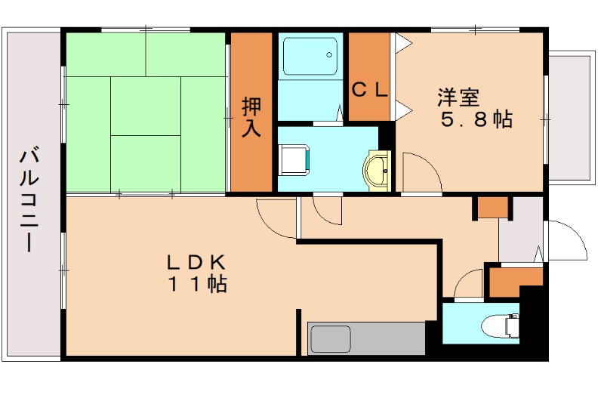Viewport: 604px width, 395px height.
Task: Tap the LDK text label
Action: click(x=196, y=262)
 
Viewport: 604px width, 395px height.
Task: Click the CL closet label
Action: click(x=370, y=90)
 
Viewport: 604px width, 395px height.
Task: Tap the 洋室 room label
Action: click(x=458, y=98)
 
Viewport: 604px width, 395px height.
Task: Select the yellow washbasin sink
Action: click(x=377, y=169)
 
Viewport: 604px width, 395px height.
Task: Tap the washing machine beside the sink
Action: click(x=295, y=160)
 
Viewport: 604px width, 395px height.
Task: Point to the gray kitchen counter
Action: click(x=366, y=338)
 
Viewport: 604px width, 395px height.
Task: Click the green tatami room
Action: click(x=146, y=113)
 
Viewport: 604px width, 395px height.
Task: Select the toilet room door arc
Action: click(x=469, y=285)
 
